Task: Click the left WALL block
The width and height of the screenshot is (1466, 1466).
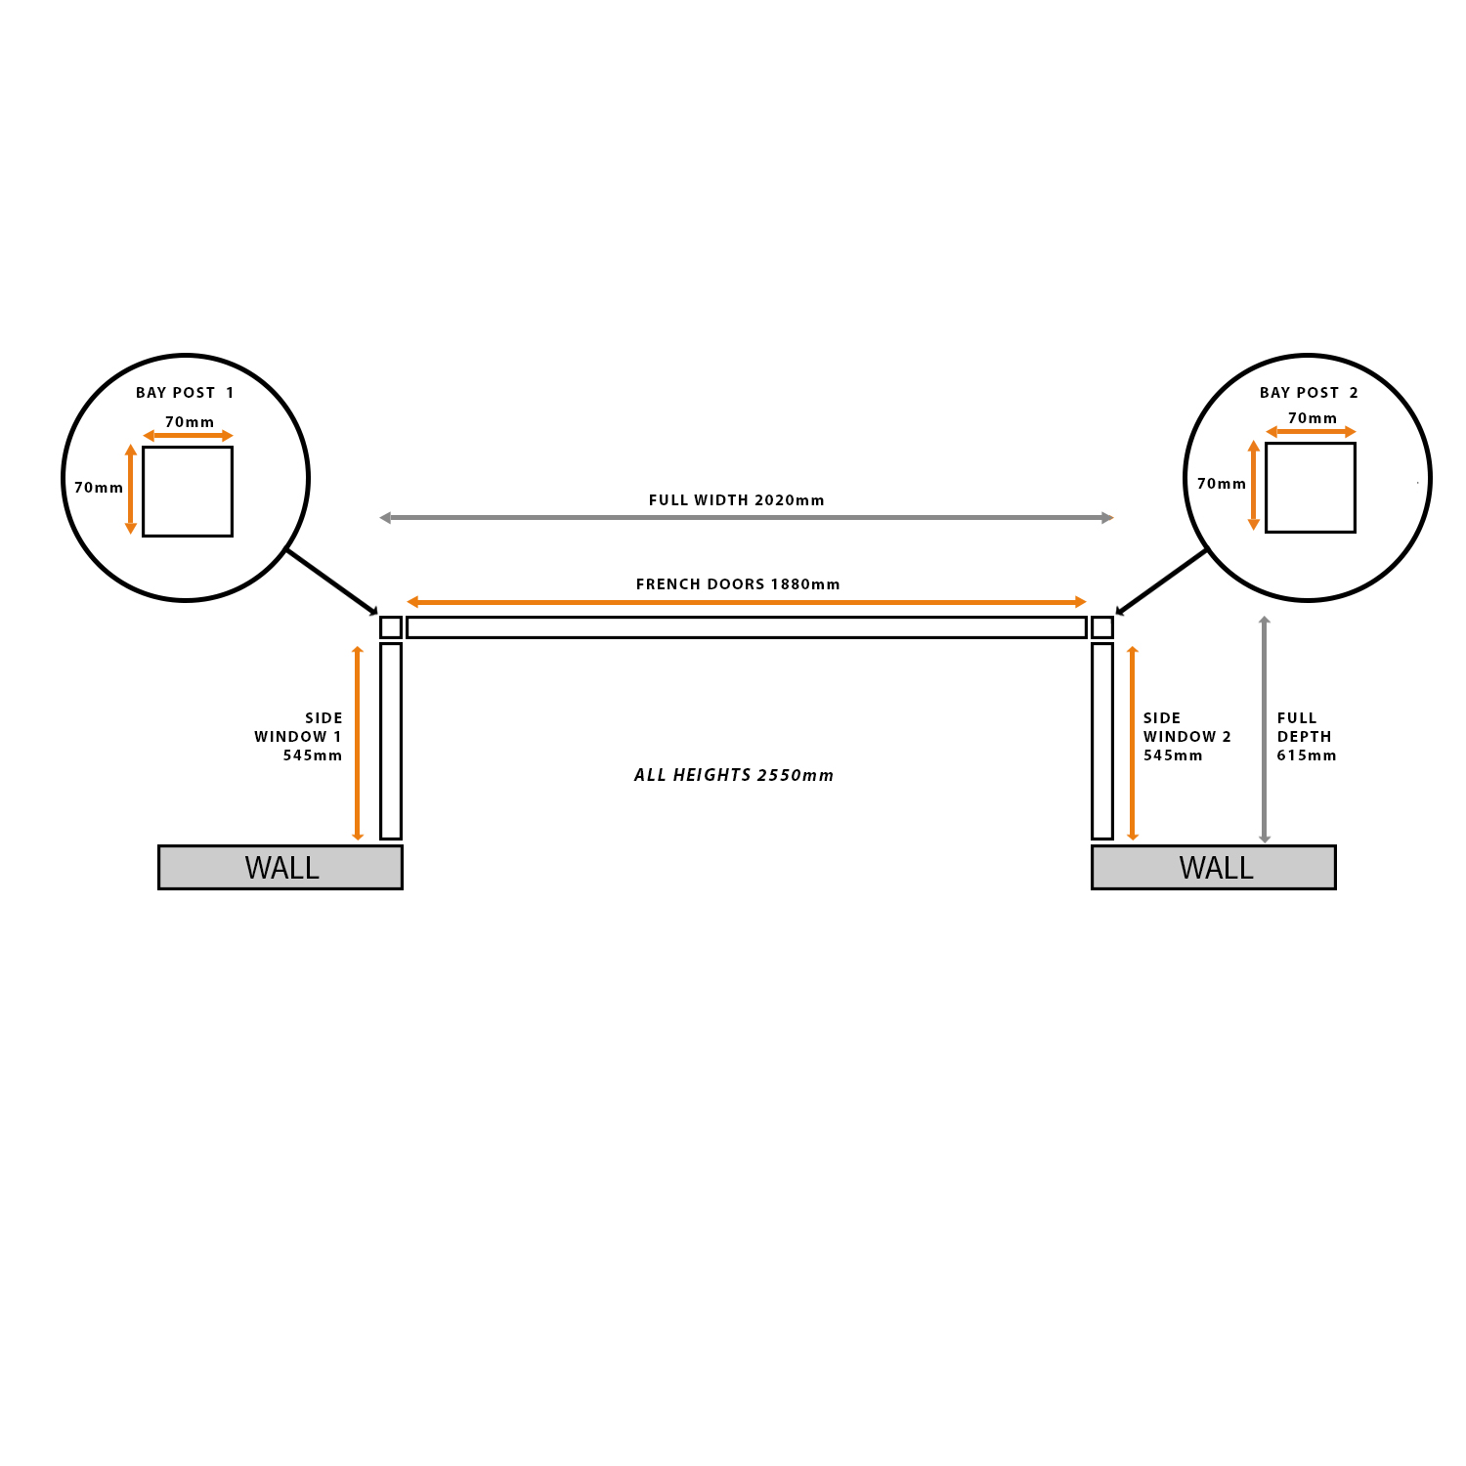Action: coord(280,867)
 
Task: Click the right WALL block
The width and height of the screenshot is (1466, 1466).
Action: coord(1213,867)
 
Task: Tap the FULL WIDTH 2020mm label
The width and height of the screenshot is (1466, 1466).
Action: coord(736,500)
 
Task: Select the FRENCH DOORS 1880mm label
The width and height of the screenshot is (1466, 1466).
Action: coord(738,584)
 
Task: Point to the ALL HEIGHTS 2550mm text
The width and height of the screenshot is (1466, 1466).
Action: coord(734,775)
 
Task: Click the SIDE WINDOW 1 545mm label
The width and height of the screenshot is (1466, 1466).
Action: coord(300,737)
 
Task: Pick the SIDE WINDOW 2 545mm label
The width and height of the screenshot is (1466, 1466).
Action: coord(1186,737)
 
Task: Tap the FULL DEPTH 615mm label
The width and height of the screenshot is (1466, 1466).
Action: coord(1306,737)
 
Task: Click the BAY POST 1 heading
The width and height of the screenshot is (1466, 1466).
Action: coord(185,393)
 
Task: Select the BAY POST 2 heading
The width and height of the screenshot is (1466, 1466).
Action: coord(1309,393)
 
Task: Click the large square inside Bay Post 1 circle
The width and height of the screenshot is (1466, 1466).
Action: coord(188,492)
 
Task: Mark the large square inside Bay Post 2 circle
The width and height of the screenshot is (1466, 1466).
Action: coord(1311,488)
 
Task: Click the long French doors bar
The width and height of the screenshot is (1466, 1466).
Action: coord(747,627)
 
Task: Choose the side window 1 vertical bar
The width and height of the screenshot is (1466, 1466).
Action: coord(391,741)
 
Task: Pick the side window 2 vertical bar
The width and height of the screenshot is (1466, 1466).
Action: coord(1102,741)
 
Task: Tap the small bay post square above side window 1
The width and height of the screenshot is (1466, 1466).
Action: coord(391,627)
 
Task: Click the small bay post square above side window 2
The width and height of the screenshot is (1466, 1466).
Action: coord(1102,627)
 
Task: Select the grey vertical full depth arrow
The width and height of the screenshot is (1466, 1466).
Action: coord(1265,729)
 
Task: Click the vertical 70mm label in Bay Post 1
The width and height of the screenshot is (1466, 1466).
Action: coord(99,488)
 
